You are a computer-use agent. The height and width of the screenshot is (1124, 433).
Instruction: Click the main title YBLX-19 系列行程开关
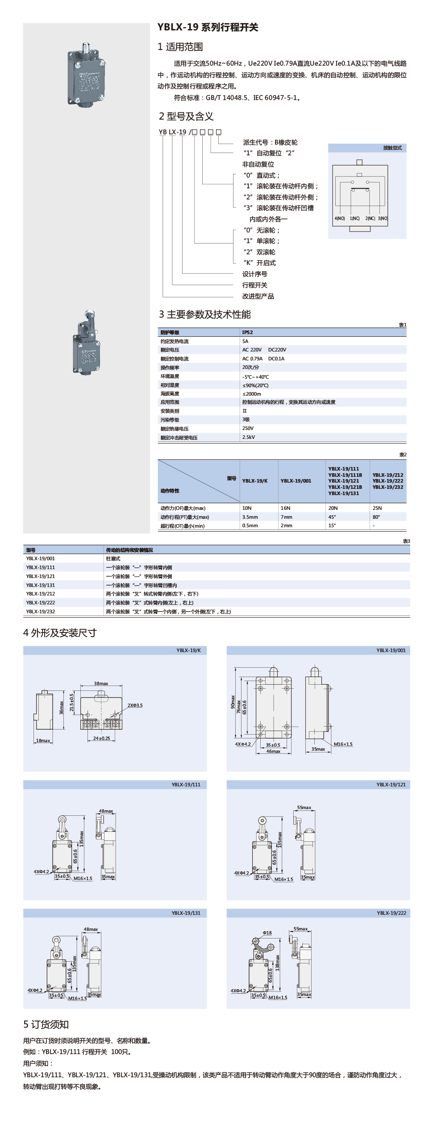click(x=208, y=27)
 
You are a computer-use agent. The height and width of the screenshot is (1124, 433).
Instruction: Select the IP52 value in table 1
click(x=247, y=332)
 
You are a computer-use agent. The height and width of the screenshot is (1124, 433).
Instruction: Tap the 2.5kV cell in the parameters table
click(x=249, y=437)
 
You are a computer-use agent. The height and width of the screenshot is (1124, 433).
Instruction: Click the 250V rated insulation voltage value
click(x=248, y=428)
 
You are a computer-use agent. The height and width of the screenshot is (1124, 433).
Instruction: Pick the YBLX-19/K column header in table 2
click(x=255, y=481)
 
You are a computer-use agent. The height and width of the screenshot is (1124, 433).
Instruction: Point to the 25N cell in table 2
click(x=377, y=508)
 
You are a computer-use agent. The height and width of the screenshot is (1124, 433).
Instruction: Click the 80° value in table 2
click(x=376, y=517)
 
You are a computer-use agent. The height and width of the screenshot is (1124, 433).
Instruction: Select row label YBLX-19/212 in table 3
click(x=41, y=594)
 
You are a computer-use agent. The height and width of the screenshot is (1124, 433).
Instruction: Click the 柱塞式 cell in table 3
click(x=113, y=558)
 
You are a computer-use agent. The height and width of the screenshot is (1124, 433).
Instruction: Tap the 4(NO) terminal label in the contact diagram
click(x=340, y=219)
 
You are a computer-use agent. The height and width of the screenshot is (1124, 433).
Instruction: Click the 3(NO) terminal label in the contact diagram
click(x=383, y=219)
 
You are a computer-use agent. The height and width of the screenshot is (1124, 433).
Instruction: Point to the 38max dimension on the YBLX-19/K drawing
click(x=101, y=683)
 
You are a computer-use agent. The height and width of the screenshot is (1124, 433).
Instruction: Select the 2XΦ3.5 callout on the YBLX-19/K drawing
click(x=135, y=705)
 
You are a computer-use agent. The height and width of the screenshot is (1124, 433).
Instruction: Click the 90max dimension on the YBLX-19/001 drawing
click(x=233, y=702)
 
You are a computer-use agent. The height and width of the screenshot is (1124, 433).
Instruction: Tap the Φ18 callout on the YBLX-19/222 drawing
click(x=267, y=933)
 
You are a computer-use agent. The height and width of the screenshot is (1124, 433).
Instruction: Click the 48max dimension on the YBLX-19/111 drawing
click(x=106, y=811)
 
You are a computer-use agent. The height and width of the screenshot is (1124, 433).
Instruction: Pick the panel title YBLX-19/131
click(x=186, y=913)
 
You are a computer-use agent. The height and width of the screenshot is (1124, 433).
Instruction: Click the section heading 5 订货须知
click(x=46, y=1025)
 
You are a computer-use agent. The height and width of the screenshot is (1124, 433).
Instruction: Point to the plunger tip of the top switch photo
click(x=84, y=45)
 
